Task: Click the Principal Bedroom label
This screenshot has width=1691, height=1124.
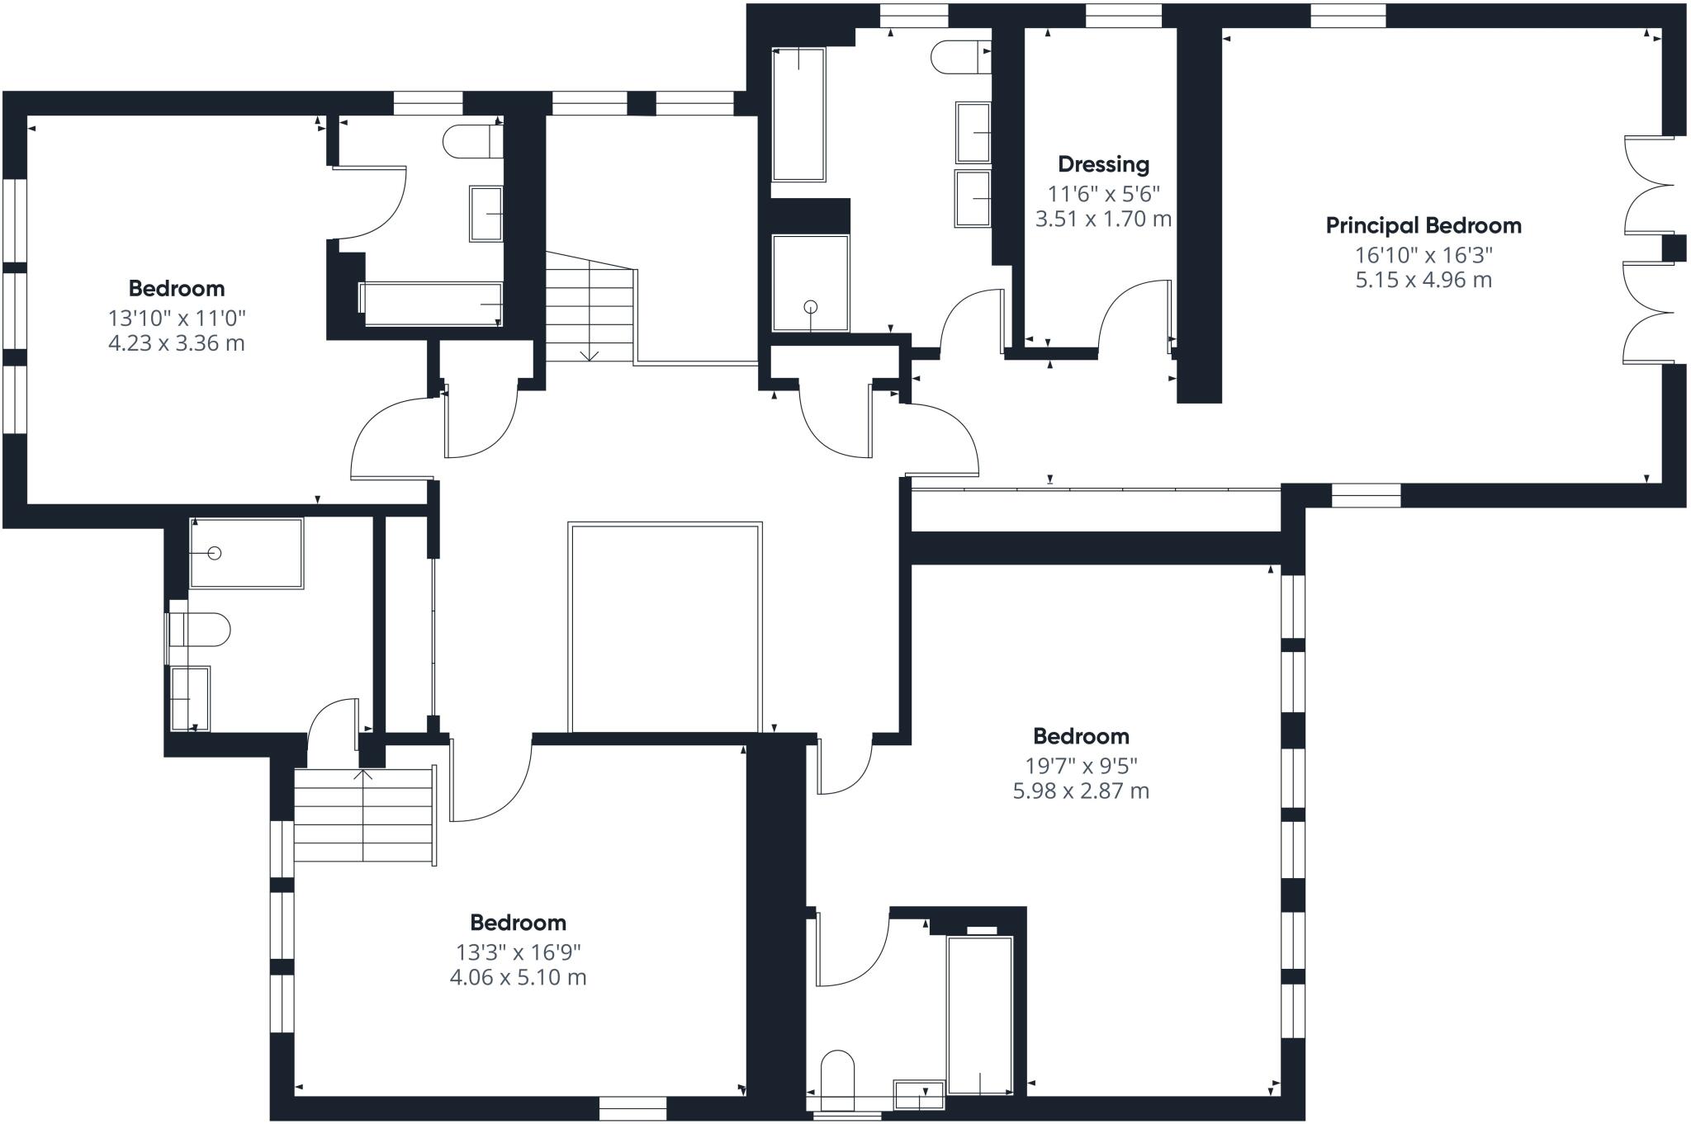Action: pos(1423,225)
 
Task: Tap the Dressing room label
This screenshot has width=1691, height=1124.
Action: pos(1103,165)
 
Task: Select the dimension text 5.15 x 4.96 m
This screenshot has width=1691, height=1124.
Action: pos(1423,280)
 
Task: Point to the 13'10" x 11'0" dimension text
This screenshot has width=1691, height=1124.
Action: pos(177,318)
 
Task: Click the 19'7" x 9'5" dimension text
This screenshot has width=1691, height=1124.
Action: pos(1081,765)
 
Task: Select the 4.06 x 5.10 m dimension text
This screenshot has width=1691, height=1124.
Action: pos(518,977)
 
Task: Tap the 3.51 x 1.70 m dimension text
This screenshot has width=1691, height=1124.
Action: pos(1103,220)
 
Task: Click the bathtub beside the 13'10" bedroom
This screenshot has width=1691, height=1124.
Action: pos(431,304)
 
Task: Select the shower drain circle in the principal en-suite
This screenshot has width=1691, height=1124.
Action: pos(810,308)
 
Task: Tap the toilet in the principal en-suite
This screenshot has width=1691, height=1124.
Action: pos(961,57)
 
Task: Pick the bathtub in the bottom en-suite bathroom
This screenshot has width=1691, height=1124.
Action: pos(980,1015)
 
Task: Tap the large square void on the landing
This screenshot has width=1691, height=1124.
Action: pos(665,626)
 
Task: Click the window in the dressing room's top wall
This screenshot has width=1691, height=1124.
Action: pos(1123,16)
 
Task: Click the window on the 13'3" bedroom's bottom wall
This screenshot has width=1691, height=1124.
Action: pos(632,1107)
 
